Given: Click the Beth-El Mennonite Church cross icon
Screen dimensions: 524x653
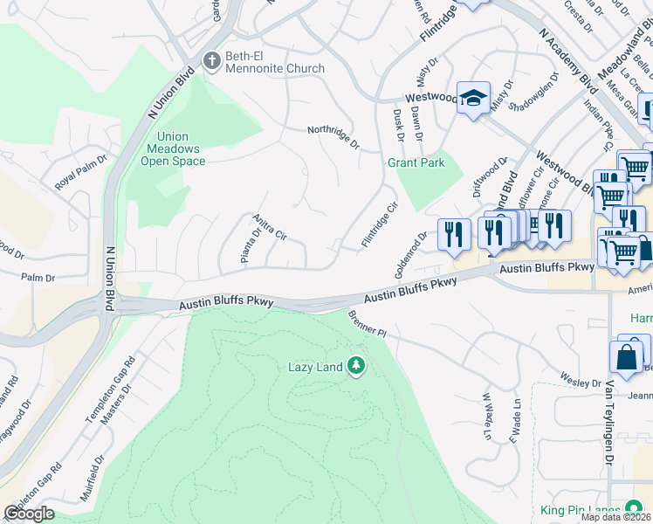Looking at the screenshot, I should tap(210, 61).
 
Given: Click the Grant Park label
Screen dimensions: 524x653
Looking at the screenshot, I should tap(416, 162).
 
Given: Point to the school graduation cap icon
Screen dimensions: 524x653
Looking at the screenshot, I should tap(473, 98).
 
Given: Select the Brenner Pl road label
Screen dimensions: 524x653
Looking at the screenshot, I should tap(367, 324).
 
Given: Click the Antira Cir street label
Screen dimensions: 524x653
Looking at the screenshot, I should tap(269, 226).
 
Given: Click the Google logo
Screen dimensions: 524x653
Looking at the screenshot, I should tap(30, 513).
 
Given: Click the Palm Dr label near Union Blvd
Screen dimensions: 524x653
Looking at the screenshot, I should tap(38, 278).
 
